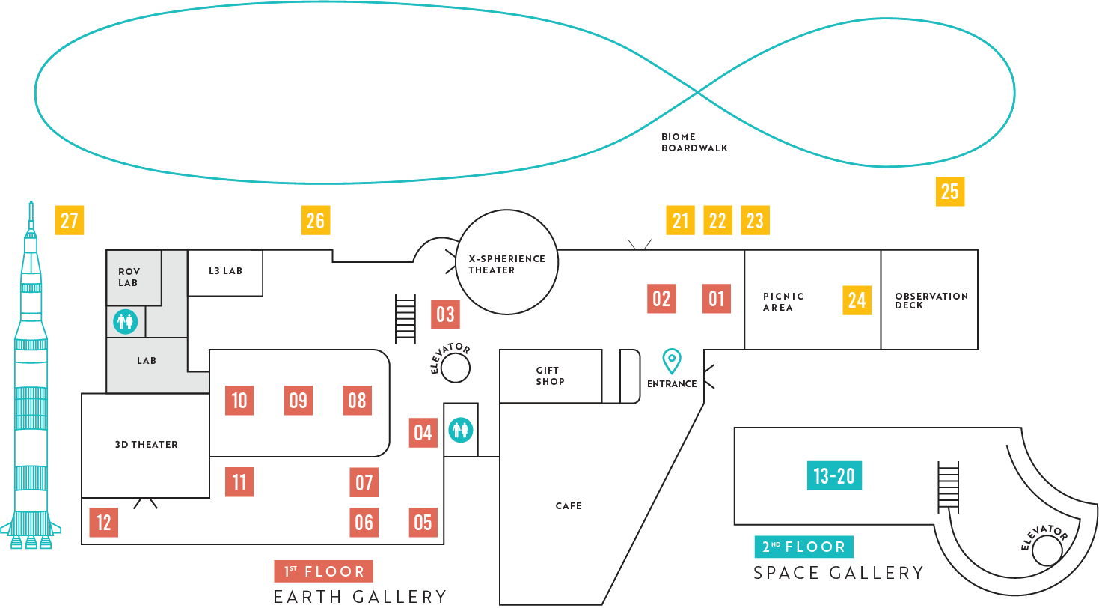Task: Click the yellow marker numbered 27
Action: pos(70,221)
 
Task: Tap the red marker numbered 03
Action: pos(445,314)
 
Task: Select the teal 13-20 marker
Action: pos(834,476)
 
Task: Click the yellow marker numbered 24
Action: pos(857,300)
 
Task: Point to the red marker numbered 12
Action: pos(103,522)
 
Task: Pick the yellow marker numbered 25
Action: pos(949,192)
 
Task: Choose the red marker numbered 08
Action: pos(357,401)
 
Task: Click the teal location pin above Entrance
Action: pos(672,361)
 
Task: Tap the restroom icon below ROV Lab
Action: pos(125,322)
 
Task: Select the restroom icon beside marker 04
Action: pos(461,430)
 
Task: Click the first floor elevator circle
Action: pos(455,368)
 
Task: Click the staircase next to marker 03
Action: pos(405,319)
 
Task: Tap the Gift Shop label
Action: pos(550,376)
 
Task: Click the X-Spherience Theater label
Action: pos(506,264)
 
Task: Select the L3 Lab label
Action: pos(225,271)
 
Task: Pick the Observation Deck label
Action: pos(931,300)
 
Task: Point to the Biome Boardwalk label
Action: pos(694,142)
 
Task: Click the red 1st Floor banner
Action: pos(323,571)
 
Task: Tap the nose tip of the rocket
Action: pos(31,202)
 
